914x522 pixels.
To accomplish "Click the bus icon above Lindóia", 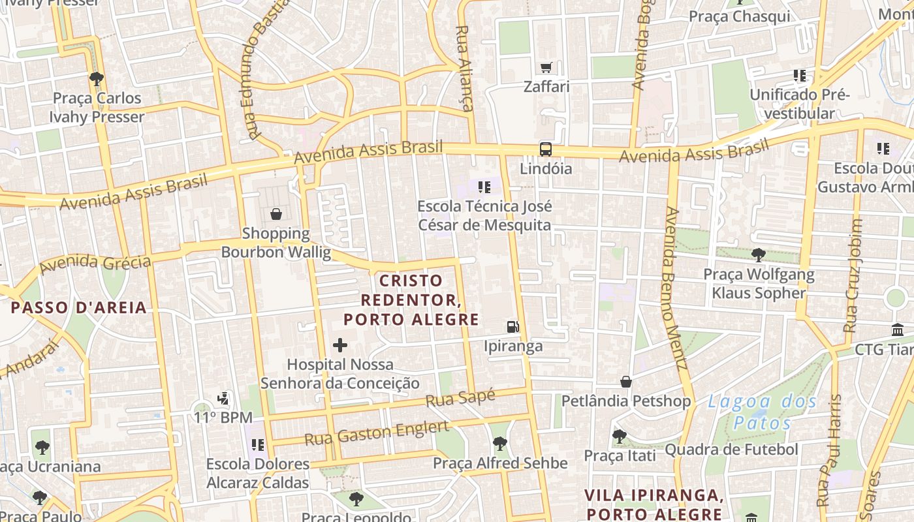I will click(x=545, y=149).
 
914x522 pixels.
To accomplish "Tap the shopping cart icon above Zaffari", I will click(x=546, y=67).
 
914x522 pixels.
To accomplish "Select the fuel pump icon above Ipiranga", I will click(x=514, y=326).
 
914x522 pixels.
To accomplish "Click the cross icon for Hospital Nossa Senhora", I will click(x=340, y=345).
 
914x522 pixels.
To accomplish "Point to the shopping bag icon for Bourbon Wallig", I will click(x=276, y=214).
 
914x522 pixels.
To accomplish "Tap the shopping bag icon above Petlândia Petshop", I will click(x=626, y=381).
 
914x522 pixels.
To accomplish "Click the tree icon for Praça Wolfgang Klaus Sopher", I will click(x=758, y=254).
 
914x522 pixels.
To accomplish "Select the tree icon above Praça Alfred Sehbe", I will click(x=499, y=444).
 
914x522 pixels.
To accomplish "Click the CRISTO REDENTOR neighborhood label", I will click(x=411, y=300).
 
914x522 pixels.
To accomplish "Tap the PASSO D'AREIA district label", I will click(x=79, y=307).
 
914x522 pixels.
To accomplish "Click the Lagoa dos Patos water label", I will click(x=762, y=412).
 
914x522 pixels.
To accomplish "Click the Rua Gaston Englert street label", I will click(x=377, y=433).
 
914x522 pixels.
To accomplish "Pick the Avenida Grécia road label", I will click(x=95, y=264).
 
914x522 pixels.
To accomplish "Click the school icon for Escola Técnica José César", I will click(x=484, y=188).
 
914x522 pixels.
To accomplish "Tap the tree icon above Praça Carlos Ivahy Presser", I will click(x=97, y=79).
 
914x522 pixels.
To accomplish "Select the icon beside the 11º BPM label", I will click(x=223, y=397).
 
